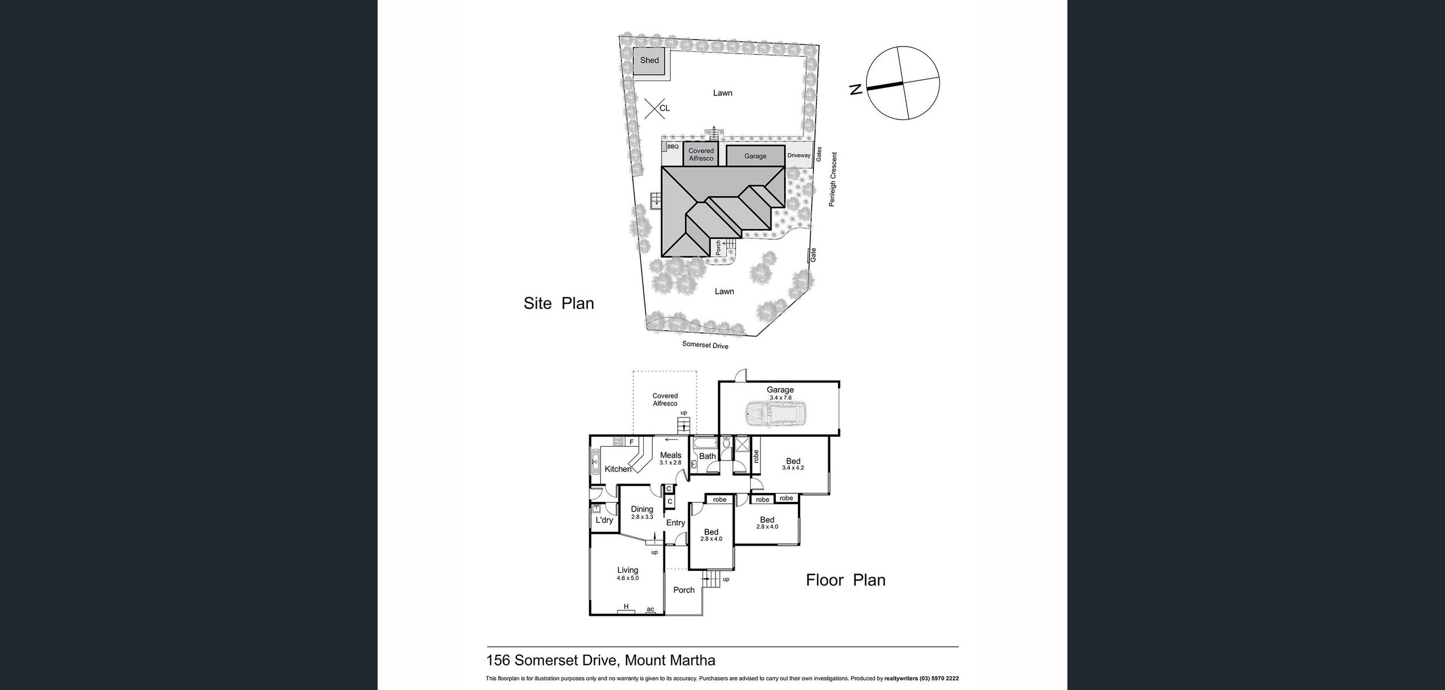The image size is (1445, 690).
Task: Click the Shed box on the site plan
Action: point(650,60)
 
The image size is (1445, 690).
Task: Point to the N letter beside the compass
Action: point(856,90)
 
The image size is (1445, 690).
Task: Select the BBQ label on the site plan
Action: point(673,147)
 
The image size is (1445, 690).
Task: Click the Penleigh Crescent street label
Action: point(832,179)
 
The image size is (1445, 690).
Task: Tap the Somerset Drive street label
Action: point(705,345)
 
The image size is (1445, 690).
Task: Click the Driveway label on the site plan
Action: point(799,156)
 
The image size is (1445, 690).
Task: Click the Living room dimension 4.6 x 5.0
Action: point(628,578)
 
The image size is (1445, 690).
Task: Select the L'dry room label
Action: point(604,520)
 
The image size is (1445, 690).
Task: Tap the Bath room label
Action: point(708,456)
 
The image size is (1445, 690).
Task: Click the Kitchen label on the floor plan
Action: point(618,469)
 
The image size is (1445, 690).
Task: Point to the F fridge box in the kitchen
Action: point(632,442)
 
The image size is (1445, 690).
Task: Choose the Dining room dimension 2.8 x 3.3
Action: point(642,517)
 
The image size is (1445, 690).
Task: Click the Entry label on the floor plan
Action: point(675,523)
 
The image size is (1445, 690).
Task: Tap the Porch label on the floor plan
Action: point(684,590)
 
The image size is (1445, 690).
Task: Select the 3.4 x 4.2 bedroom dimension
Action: point(793,468)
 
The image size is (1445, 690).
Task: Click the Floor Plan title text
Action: point(846,580)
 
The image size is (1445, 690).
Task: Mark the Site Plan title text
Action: point(559,304)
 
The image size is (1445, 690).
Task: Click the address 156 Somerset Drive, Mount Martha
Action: point(601,661)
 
